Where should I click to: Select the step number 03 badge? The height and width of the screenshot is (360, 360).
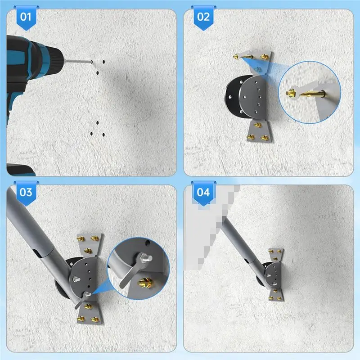(x=25, y=192)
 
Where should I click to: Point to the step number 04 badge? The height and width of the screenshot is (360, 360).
(x=203, y=192)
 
